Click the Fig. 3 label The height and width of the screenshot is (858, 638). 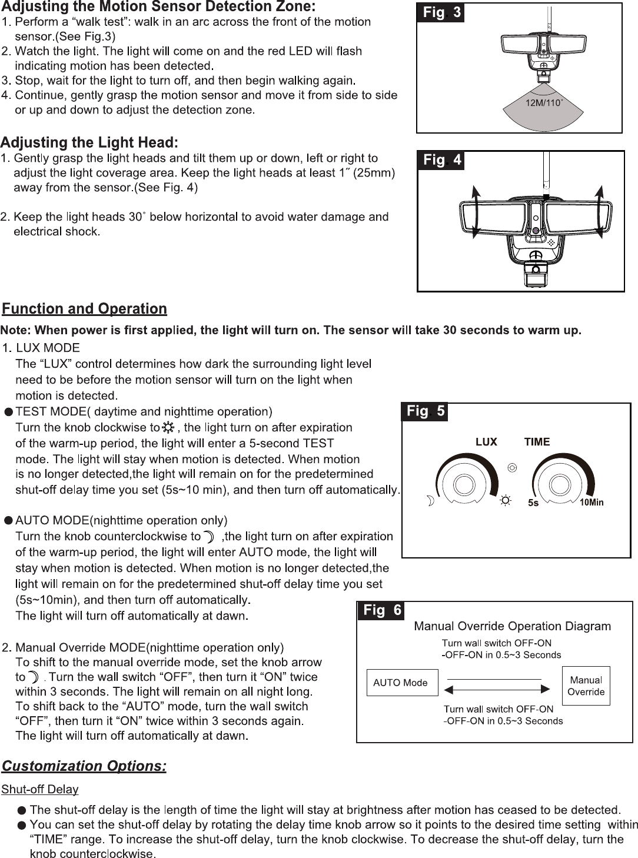[440, 12]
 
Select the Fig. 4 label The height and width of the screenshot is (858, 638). [441, 160]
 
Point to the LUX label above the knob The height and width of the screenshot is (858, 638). [486, 442]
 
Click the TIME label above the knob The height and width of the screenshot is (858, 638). [537, 442]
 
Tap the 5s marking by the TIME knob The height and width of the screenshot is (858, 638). [533, 503]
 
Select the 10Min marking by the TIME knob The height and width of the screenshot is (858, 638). [592, 503]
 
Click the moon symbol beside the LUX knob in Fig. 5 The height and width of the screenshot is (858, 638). [431, 501]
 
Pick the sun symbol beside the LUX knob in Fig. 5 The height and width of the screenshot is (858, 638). [505, 501]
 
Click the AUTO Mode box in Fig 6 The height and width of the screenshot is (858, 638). [402, 683]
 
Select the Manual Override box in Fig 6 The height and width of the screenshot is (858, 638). [586, 686]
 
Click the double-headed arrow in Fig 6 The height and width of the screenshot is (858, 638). [498, 689]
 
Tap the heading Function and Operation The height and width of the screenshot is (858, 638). [85, 309]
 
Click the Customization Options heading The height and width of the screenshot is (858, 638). [84, 766]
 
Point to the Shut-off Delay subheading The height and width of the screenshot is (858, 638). [41, 789]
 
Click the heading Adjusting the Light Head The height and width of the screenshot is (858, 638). [89, 142]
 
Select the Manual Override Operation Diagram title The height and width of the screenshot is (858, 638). [513, 626]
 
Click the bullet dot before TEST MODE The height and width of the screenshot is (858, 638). [9, 412]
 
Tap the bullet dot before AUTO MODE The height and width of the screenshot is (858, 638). [9, 521]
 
